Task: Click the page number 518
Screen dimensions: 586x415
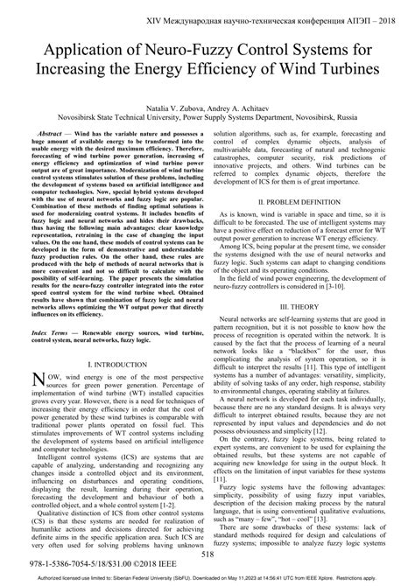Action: [207, 554]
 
